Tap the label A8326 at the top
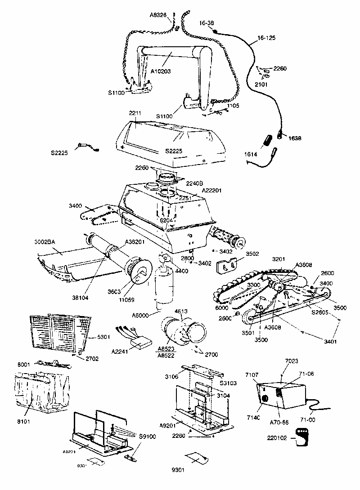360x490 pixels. coord(158,15)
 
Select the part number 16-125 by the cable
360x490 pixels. coord(266,39)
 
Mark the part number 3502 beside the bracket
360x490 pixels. coord(252,254)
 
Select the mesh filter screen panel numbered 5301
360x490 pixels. coord(58,333)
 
